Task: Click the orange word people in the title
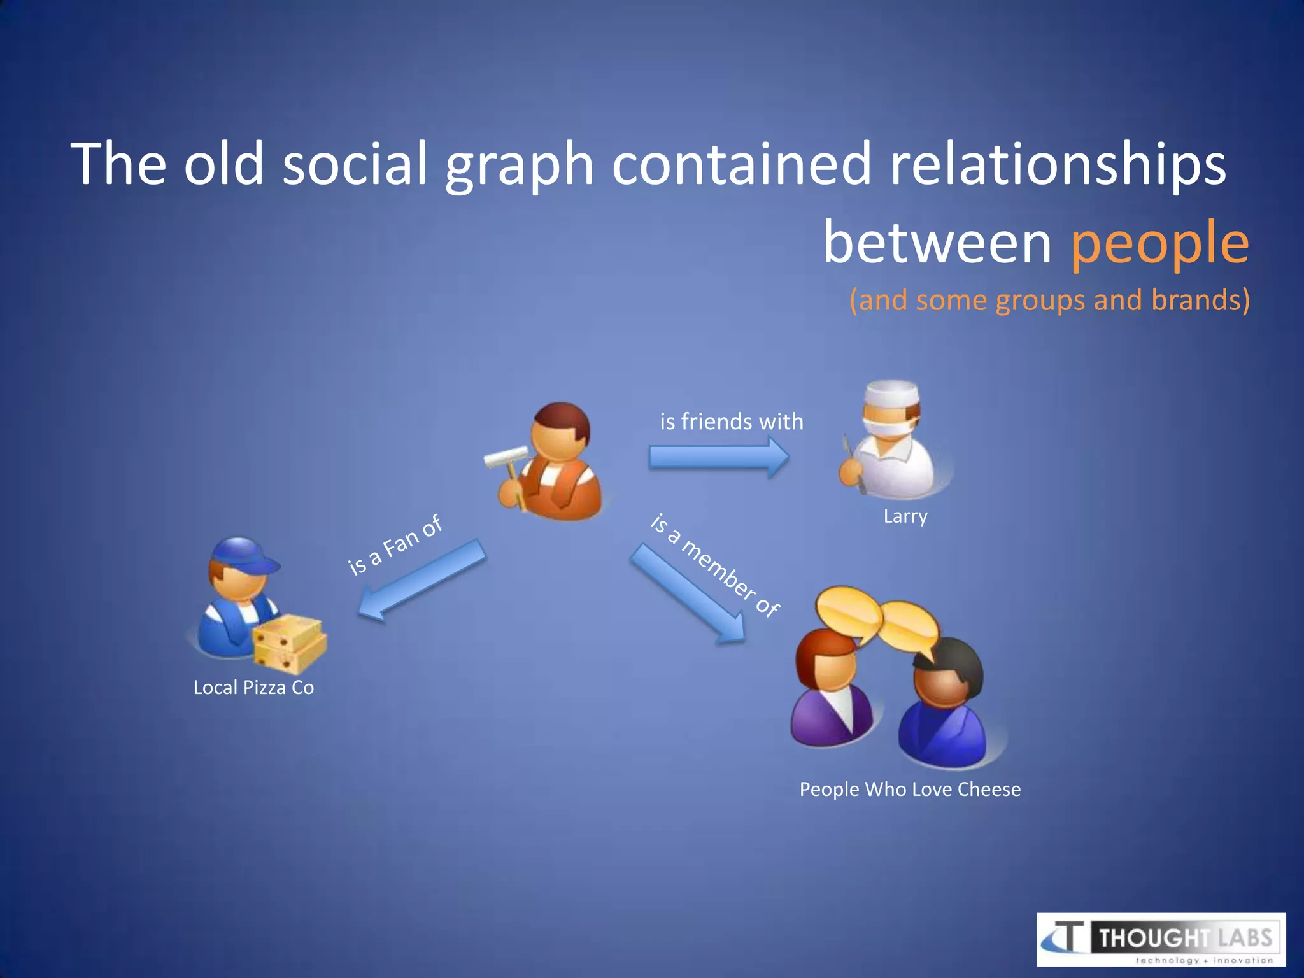(x=1159, y=243)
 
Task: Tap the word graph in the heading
(x=519, y=166)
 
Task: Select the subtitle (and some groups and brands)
(x=1049, y=300)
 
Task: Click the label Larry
(x=905, y=516)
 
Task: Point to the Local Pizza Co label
(x=253, y=688)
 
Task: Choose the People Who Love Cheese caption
(x=910, y=790)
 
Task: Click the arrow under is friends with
(x=718, y=457)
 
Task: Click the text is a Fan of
(x=395, y=545)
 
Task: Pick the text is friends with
(x=731, y=422)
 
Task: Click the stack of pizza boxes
(x=289, y=643)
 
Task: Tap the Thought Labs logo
(x=1161, y=939)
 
